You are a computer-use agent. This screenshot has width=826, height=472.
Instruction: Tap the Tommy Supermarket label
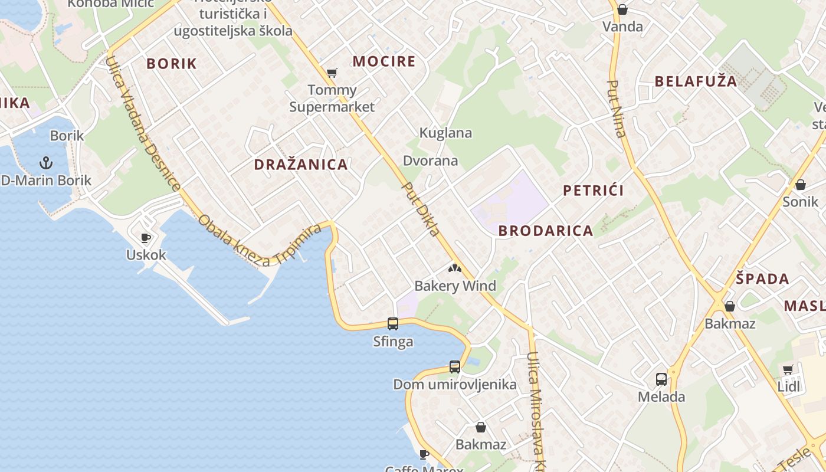pos(332,99)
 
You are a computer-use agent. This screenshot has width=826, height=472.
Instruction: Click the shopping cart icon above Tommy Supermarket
pos(332,73)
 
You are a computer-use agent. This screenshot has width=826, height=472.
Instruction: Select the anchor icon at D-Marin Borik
pos(45,162)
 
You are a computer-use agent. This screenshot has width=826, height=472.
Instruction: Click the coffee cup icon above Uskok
pos(146,238)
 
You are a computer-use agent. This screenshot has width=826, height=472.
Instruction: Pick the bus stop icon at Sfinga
pos(393,323)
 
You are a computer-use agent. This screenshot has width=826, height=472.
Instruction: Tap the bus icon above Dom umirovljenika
pos(455,366)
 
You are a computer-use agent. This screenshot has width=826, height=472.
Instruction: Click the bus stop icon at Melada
pos(661,379)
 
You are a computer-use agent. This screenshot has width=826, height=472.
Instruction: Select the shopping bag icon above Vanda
pos(622,9)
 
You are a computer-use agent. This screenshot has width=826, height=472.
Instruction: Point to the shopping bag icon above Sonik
pos(801,185)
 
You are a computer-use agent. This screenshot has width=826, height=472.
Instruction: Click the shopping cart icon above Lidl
pos(788,370)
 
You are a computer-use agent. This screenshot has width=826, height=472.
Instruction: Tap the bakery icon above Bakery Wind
pos(454,269)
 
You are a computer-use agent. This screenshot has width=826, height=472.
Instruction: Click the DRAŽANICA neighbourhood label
pos(301,165)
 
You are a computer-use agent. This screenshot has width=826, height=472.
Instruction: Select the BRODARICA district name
pos(546,231)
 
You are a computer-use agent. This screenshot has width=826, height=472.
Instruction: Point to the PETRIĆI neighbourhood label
pos(593,190)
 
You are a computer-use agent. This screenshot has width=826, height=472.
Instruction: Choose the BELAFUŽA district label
pos(696,81)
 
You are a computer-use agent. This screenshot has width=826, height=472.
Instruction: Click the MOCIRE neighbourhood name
pos(384,61)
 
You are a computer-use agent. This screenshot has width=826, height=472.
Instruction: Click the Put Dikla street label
pos(421,209)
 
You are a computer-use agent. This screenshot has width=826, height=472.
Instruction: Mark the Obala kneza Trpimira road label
pos(260,242)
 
